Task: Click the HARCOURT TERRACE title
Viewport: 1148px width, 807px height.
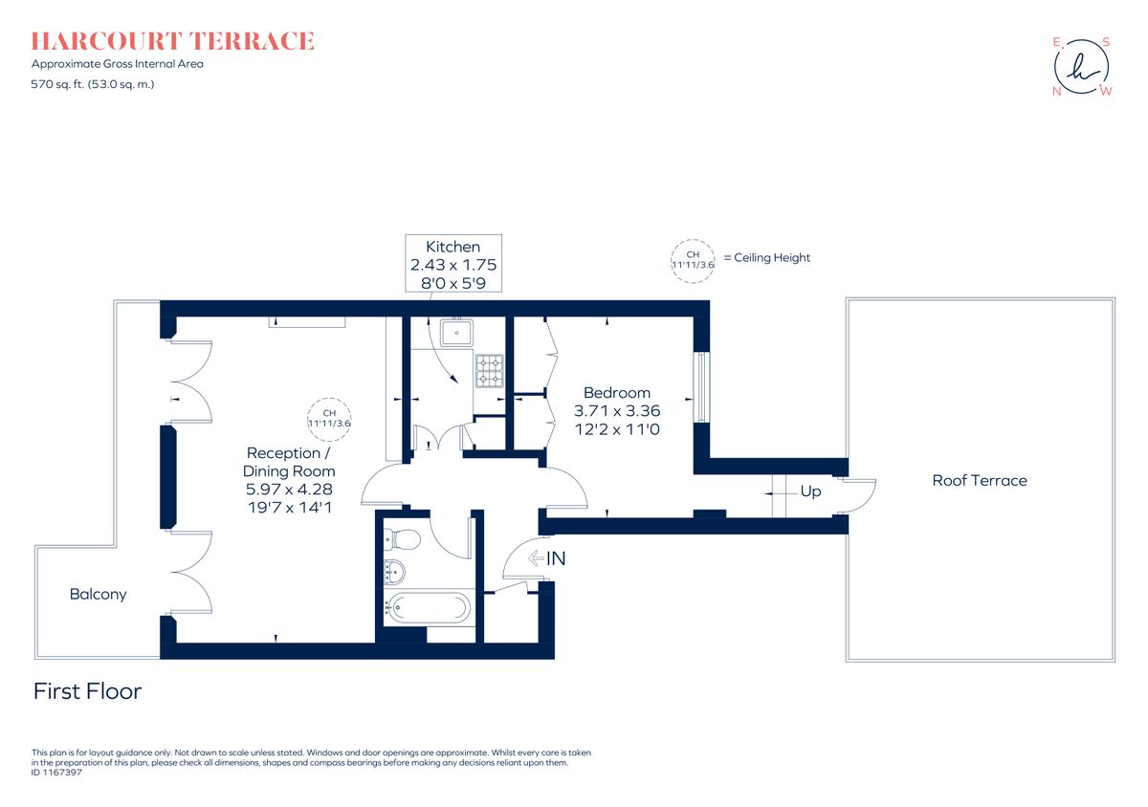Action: pos(172,41)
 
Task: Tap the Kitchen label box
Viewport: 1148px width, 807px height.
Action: pos(453,263)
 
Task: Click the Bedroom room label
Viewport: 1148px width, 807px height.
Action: pos(616,393)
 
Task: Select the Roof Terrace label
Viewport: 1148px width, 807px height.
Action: pos(980,481)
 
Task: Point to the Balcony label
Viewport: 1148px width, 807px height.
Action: pos(98,595)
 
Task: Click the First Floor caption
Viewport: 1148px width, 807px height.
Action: pos(87,691)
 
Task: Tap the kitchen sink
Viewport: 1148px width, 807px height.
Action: pos(456,334)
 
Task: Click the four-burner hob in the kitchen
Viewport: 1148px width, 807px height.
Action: pos(489,371)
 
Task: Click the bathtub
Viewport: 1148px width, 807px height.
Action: pos(428,607)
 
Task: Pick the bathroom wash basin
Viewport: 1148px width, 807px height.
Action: pos(393,573)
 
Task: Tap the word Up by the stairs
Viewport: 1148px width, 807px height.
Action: pos(810,491)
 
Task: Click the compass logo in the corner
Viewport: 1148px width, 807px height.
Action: pos(1082,67)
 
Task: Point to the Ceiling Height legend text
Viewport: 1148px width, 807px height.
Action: pos(766,258)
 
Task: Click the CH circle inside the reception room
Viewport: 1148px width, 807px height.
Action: pos(330,418)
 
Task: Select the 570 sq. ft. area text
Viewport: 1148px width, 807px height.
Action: pos(93,84)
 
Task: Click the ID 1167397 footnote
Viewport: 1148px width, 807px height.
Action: pos(57,773)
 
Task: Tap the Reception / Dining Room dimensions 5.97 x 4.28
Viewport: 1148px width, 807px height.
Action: pos(289,490)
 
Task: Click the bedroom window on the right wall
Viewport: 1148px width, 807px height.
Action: pos(702,387)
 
